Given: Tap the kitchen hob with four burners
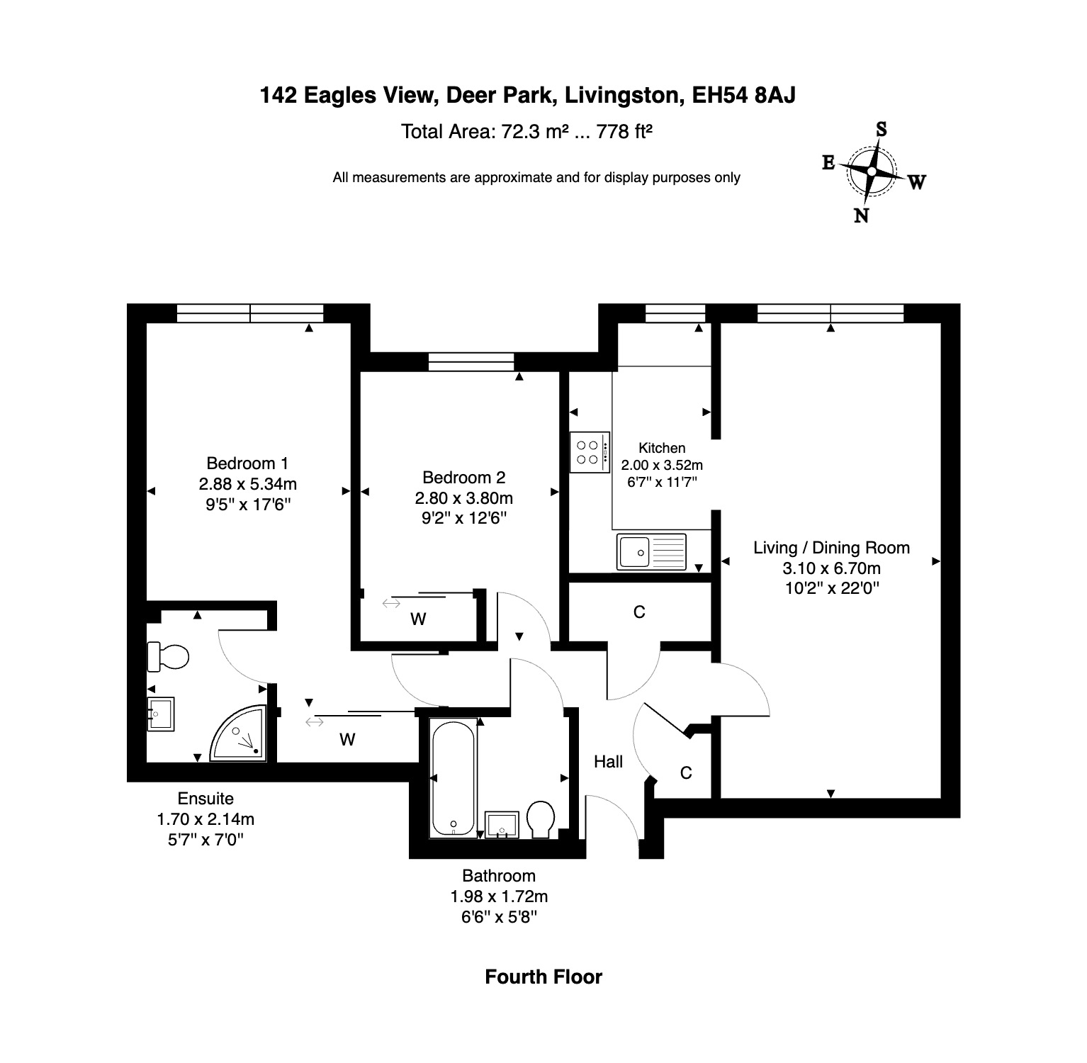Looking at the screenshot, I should (590, 452).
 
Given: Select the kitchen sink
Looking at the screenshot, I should (651, 551).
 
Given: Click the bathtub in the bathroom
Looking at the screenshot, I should (454, 778).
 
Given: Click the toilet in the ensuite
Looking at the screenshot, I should (168, 656).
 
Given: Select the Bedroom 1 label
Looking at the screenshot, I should (247, 463).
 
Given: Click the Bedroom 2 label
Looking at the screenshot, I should (463, 478).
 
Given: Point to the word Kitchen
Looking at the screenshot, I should (662, 448).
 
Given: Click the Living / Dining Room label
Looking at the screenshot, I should (831, 548).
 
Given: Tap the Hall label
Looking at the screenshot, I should (608, 762).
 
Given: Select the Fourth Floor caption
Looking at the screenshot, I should (543, 977).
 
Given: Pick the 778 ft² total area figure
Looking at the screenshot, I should (624, 132).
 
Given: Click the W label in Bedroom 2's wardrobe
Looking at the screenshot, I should (418, 619).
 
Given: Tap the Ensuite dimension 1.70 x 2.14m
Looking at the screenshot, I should (205, 820).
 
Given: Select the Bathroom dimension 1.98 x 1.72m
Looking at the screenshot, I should (499, 896).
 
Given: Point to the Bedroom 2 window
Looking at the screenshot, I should (471, 361).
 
